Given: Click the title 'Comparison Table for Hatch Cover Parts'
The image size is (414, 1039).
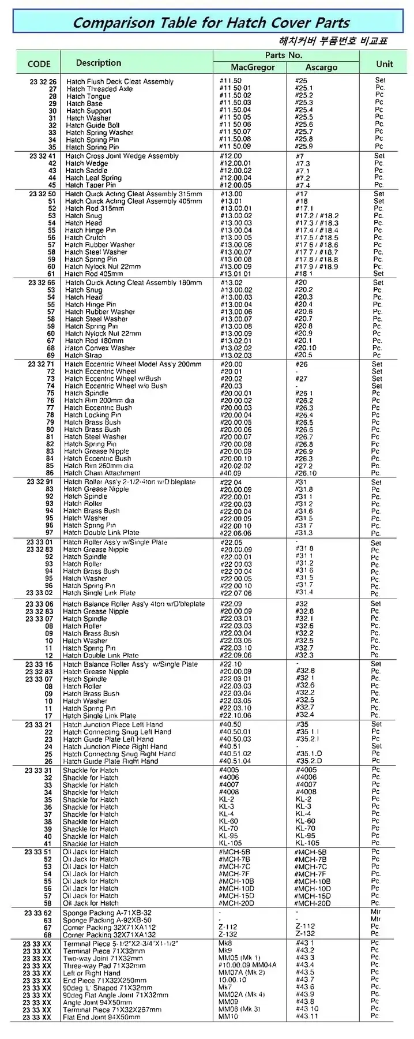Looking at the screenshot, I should coord(211,23).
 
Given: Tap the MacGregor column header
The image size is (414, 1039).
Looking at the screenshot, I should coord(253,68).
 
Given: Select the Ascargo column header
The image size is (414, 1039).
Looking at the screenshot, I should coord(321,68).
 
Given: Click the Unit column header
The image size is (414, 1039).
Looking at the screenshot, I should coord(384,64).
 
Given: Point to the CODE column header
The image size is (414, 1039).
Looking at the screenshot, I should coord(39,64).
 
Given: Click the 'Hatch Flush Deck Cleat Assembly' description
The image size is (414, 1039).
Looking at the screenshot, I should coord(119,82).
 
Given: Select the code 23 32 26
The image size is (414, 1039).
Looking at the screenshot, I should coord(43,82).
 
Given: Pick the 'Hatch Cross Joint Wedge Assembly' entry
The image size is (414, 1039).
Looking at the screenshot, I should coord(122,156).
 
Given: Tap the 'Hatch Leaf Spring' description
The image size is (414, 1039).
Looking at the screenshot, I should coord(93,178).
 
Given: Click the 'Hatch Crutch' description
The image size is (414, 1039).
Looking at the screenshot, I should coord(85,237).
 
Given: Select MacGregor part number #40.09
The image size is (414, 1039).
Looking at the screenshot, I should coord(231,473).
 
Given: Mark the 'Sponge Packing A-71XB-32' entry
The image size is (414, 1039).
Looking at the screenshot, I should coord(107,913).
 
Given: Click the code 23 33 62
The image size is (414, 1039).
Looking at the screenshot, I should coord(38,913).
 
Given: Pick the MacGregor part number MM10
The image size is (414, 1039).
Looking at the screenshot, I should coord(228,1016).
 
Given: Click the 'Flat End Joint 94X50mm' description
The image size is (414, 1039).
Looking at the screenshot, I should coord(101,1017).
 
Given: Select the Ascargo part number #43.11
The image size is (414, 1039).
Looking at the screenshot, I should coord(307,1016).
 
